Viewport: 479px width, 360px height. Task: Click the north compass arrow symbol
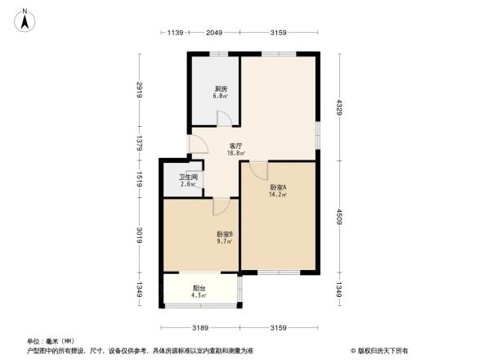point(25,19)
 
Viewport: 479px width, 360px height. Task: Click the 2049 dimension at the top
point(214,33)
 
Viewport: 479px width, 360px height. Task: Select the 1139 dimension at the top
point(174,33)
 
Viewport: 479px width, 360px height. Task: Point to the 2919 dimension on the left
point(140,90)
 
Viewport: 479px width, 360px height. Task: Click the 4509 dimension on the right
point(338,216)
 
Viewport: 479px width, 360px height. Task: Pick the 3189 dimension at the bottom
point(201,328)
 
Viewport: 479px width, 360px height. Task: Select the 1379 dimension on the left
point(140,143)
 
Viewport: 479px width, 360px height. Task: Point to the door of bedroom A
point(258,170)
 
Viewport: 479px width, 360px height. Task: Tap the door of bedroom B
point(220,206)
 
